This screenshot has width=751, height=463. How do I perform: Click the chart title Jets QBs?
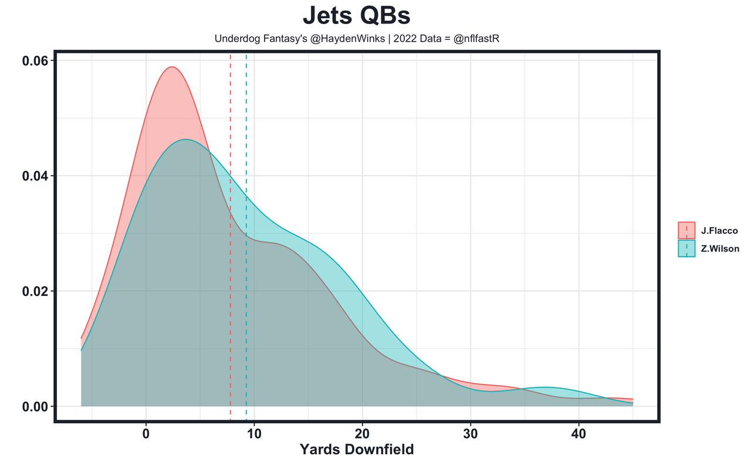360,16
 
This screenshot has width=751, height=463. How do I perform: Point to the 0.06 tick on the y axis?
35,60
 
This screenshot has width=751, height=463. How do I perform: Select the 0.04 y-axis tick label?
35,176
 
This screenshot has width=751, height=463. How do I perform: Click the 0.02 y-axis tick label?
35,291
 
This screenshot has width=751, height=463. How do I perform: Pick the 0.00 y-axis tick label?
35,406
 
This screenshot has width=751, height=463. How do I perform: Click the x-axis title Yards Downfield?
357,450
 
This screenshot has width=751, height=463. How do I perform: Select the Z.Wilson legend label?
720,248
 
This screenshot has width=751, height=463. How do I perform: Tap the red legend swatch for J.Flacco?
686,230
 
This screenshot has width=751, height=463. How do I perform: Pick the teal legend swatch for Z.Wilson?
686,248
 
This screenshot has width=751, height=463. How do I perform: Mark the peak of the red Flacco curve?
171,67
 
